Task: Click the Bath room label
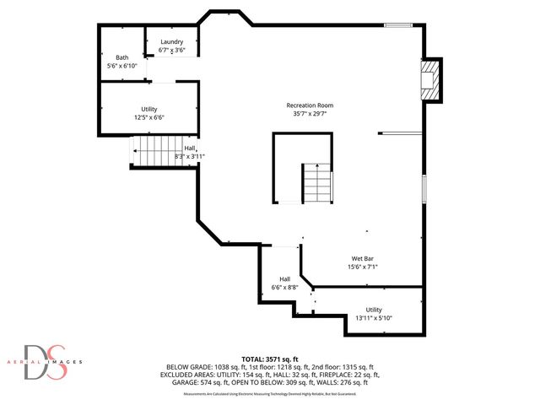tap(122, 57)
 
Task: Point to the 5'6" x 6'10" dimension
tap(122, 65)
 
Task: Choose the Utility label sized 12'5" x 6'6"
tap(148, 110)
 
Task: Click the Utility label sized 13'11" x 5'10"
tap(373, 310)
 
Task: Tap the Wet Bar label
tap(364, 258)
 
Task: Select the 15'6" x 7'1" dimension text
tap(364, 267)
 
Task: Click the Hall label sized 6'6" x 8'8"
tap(285, 279)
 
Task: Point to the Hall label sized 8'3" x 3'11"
tap(190, 148)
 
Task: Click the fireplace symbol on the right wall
tap(431, 80)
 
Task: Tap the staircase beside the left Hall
tap(153, 154)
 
